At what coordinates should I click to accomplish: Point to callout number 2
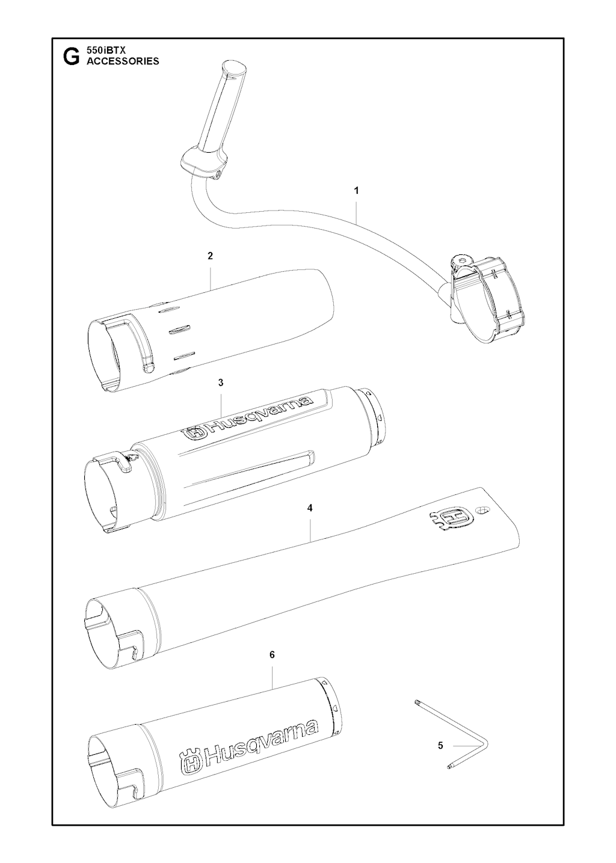[x=210, y=256]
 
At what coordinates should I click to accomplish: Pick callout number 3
[x=221, y=382]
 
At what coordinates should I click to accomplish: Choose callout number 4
[x=310, y=508]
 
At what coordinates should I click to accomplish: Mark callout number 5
[x=440, y=746]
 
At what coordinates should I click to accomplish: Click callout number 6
[x=272, y=654]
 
